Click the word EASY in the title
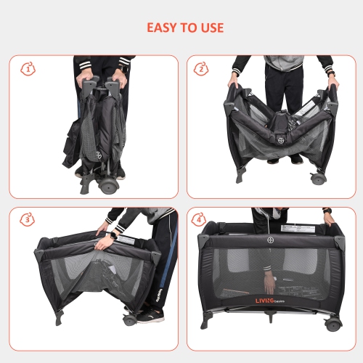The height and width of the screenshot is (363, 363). point(163,28)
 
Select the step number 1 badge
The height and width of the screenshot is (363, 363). point(28,70)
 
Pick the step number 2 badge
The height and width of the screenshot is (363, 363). point(201,70)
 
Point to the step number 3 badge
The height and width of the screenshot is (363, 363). point(28,219)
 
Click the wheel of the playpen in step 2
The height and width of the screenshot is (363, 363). point(317,177)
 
